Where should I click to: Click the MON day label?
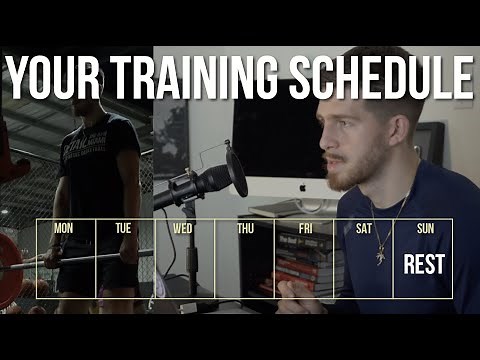(x=63, y=229)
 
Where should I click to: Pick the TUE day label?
(x=123, y=229)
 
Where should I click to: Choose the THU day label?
(x=245, y=229)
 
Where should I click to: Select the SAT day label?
(x=364, y=229)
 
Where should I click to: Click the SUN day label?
(x=423, y=229)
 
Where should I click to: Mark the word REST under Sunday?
(x=423, y=265)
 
